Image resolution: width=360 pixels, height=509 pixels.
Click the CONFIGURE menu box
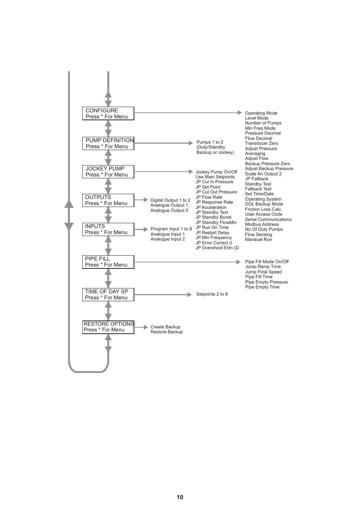pyautogui.click(x=108, y=113)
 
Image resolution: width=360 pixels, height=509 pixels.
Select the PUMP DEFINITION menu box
pyautogui.click(x=108, y=143)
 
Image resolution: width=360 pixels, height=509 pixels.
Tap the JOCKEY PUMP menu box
pyautogui.click(x=108, y=172)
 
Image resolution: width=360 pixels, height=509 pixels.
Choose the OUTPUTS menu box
pyautogui.click(x=108, y=200)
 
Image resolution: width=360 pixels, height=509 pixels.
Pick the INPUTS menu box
pyautogui.click(x=108, y=229)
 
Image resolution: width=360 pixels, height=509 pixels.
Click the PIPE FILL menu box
pyautogui.click(x=108, y=262)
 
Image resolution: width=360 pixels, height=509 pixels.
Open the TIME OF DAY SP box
pyautogui.click(x=108, y=294)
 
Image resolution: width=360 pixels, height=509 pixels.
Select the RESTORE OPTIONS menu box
pyautogui.click(x=108, y=327)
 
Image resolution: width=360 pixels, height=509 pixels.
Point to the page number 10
pyautogui.click(x=180, y=497)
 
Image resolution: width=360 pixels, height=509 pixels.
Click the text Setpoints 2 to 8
pyautogui.click(x=212, y=294)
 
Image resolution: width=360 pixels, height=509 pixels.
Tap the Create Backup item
pyautogui.click(x=165, y=327)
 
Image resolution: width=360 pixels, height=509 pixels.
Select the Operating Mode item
pyautogui.click(x=261, y=113)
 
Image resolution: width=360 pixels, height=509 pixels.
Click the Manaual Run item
pyautogui.click(x=258, y=239)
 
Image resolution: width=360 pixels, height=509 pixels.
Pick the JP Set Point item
pyautogui.click(x=208, y=187)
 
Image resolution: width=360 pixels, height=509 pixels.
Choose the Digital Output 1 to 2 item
pyautogui.click(x=170, y=200)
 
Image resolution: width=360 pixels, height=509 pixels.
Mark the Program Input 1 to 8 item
pyautogui.click(x=171, y=229)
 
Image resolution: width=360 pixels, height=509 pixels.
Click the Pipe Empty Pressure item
pyautogui.click(x=266, y=282)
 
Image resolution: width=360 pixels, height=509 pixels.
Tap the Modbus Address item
pyautogui.click(x=262, y=224)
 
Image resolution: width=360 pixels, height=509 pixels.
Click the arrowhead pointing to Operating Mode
pyautogui.click(x=240, y=113)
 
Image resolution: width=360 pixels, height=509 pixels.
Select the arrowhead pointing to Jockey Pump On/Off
pyautogui.click(x=191, y=172)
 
